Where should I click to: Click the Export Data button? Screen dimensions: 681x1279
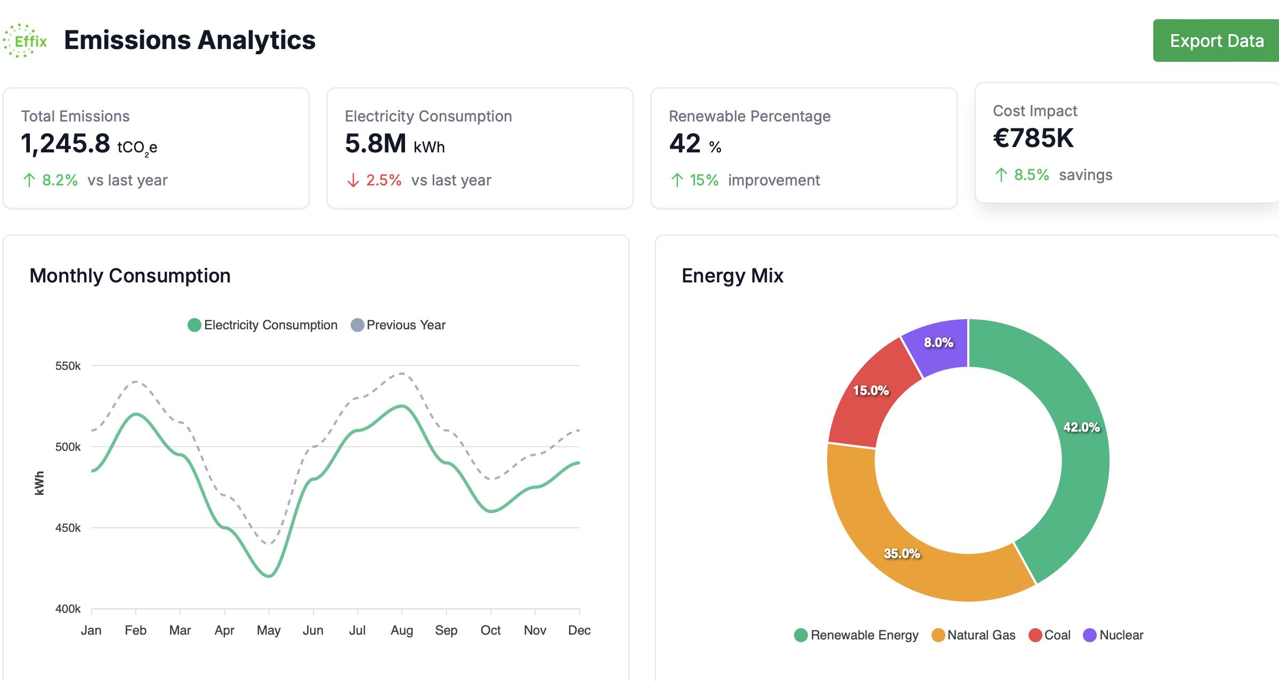(x=1216, y=40)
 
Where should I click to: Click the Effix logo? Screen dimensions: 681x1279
(x=25, y=40)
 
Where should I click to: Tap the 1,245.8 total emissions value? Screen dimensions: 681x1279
(x=66, y=143)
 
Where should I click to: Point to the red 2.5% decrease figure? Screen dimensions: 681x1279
(x=383, y=180)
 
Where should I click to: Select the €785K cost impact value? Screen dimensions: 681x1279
(x=1033, y=139)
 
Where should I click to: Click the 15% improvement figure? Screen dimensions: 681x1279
(x=703, y=180)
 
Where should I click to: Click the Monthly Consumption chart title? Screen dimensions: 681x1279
(x=130, y=275)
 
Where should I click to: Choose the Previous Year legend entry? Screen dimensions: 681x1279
(x=399, y=325)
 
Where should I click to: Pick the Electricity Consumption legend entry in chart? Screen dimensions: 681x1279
(x=263, y=325)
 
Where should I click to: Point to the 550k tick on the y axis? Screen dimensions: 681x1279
(x=68, y=366)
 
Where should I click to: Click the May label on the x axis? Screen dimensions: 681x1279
(x=269, y=630)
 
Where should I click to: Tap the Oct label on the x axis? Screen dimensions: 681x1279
(x=490, y=630)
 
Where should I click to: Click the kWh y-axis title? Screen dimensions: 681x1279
(x=39, y=483)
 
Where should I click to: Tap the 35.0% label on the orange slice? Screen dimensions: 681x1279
(x=902, y=554)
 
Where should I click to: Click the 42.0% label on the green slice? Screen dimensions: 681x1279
(x=1081, y=427)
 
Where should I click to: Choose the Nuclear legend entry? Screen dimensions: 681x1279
(x=1114, y=635)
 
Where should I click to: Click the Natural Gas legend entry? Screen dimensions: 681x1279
(x=974, y=635)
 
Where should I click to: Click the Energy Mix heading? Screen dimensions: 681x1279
(x=732, y=275)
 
